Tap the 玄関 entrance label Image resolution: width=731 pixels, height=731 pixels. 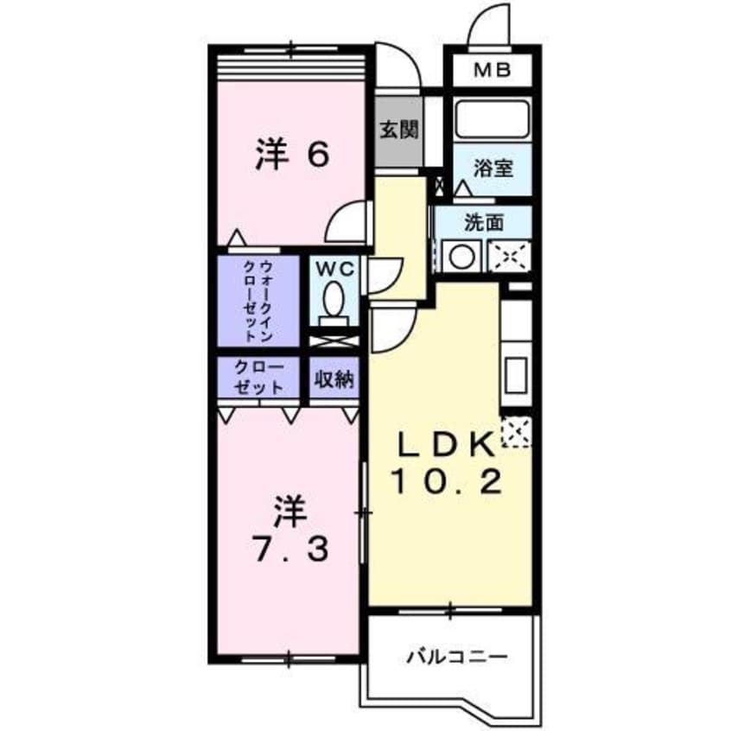click(399, 130)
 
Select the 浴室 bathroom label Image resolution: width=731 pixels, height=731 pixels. click(493, 168)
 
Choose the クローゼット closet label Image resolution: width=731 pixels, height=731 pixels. click(260, 377)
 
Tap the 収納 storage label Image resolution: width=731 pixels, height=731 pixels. click(334, 378)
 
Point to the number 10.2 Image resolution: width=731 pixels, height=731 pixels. click(448, 481)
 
